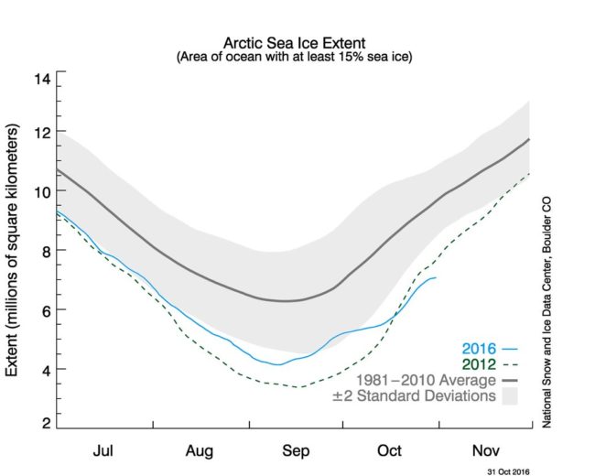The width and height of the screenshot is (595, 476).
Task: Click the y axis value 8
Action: coord(43,250)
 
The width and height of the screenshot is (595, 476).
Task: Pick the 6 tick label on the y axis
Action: coord(43,309)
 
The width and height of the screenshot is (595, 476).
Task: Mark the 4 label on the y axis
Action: coord(43,369)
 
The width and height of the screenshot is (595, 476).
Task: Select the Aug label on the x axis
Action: coord(200,450)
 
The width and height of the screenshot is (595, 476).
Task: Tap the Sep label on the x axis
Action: coord(295,450)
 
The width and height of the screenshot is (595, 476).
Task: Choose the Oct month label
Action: coord(389,450)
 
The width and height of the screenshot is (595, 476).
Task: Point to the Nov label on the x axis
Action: coord(484,450)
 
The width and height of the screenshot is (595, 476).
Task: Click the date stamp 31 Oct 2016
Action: coord(507,469)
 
